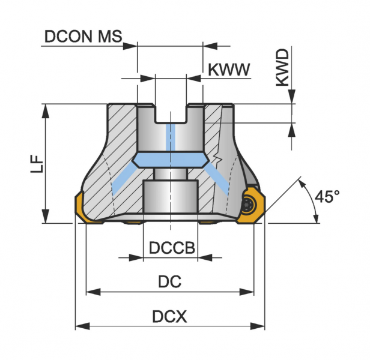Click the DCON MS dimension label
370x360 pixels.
[x=83, y=37]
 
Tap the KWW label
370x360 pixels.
[x=229, y=69]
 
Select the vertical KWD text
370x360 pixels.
[x=282, y=68]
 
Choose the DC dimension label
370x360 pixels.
[x=170, y=281]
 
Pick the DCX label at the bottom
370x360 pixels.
[x=169, y=316]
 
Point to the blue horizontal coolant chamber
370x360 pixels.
[x=171, y=160]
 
